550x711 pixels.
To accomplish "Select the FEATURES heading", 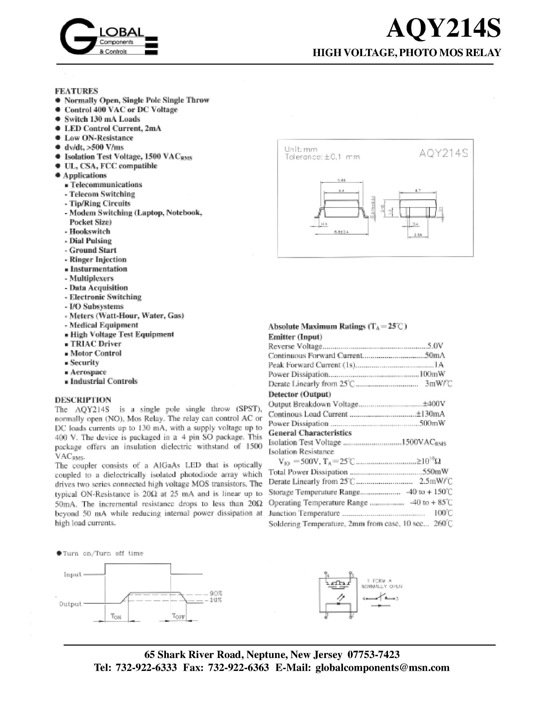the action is [x=76, y=91].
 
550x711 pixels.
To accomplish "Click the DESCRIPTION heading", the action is [x=83, y=400].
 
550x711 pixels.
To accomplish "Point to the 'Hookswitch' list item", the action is [x=90, y=231].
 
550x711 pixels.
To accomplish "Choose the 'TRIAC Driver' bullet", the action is [x=96, y=344].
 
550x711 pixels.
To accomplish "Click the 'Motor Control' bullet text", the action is [x=96, y=353].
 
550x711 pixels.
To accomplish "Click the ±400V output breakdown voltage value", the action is [x=434, y=404].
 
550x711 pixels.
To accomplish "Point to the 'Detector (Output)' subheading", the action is [x=299, y=394].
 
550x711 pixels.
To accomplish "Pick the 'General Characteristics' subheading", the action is [x=310, y=433].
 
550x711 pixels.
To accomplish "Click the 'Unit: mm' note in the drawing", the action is [x=301, y=149].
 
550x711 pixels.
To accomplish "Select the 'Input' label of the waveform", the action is [x=72, y=574].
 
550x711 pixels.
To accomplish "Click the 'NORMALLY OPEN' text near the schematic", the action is [x=382, y=586].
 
